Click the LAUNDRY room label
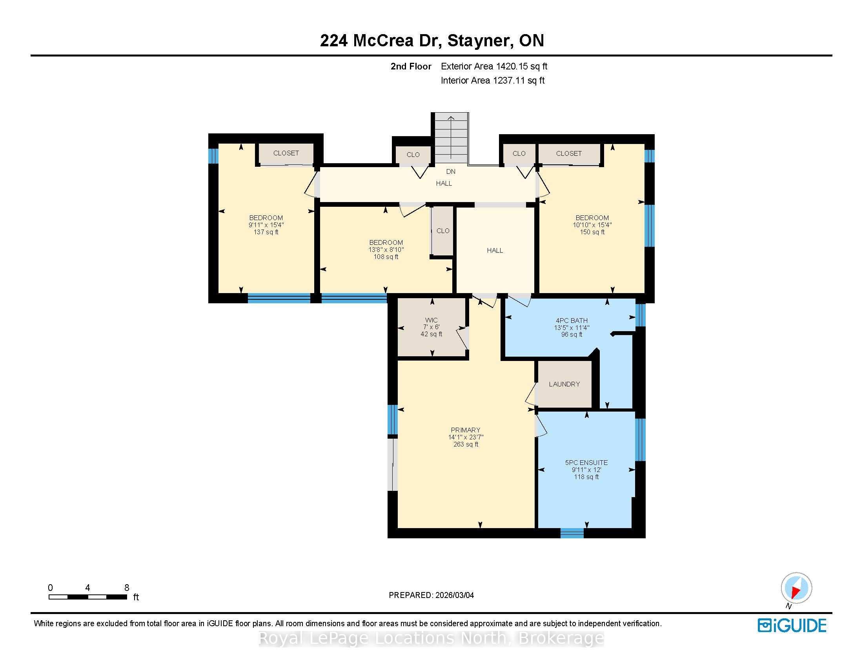564,384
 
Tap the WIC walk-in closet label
431,320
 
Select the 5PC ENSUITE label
586,462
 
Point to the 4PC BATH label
572,321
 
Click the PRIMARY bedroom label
466,430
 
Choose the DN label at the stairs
451,171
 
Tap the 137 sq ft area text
266,232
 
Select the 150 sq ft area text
592,232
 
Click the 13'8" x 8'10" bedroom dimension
386,250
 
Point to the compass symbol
796,588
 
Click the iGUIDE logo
792,625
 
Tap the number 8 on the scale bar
127,588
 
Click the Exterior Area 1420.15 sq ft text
494,66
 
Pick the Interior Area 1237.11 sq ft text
493,80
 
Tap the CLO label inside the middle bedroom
443,231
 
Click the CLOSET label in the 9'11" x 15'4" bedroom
286,153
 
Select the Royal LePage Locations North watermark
431,638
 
